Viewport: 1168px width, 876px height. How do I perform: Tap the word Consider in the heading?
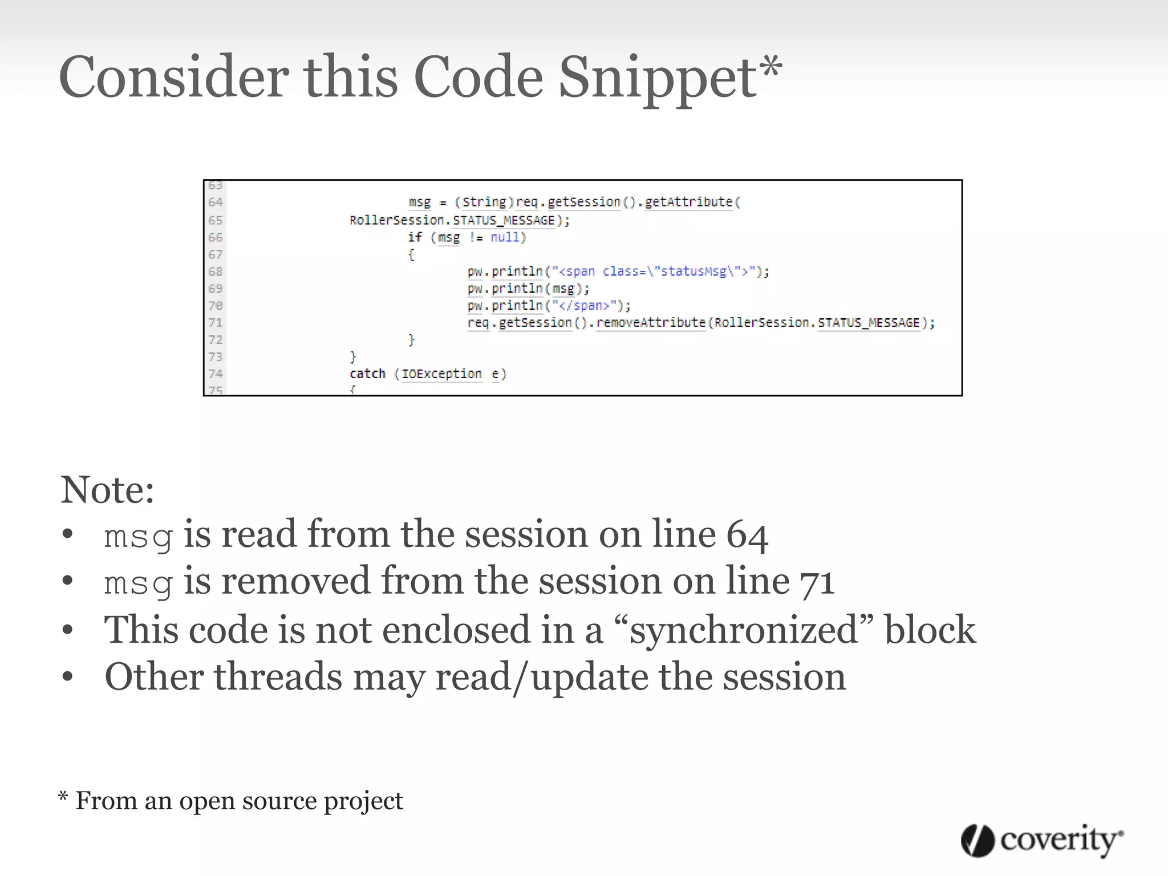point(173,77)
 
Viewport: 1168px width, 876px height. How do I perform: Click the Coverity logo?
point(1041,840)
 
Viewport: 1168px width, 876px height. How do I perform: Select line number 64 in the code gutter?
point(216,202)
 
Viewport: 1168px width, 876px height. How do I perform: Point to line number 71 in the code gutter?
point(216,323)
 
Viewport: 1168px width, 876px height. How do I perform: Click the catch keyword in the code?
point(367,374)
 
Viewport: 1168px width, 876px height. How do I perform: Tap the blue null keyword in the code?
point(505,237)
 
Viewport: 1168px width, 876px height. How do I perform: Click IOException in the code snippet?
point(441,374)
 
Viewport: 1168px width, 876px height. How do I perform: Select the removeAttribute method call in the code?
point(651,323)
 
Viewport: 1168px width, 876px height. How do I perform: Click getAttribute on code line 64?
point(688,202)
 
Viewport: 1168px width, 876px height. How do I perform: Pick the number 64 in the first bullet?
point(747,536)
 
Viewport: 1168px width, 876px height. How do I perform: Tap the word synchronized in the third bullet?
point(744,630)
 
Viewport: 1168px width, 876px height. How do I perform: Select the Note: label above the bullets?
point(107,490)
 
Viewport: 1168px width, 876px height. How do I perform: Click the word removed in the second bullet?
point(296,581)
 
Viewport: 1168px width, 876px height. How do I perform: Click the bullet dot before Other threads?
point(68,677)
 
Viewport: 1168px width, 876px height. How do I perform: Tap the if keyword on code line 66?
point(415,237)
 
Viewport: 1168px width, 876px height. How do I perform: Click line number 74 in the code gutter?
point(216,374)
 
